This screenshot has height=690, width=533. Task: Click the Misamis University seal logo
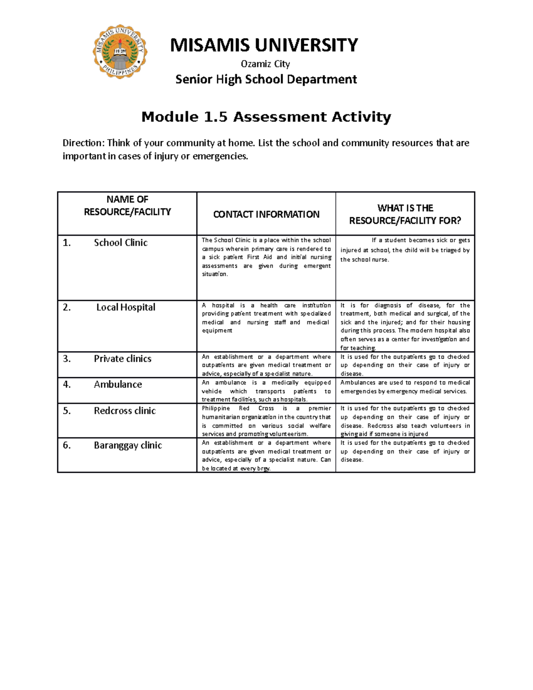(120, 52)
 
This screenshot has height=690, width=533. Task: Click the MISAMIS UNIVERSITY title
(264, 45)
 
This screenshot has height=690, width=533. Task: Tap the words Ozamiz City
(265, 64)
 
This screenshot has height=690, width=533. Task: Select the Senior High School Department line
(266, 80)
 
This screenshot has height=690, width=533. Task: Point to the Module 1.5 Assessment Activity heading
(266, 117)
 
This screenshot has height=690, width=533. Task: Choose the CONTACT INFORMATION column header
(266, 214)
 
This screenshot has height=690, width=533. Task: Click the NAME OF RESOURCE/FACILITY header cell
(127, 206)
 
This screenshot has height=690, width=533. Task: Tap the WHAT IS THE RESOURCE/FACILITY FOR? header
(405, 214)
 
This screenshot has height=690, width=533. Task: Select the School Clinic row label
(120, 243)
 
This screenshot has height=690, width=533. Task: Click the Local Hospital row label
(126, 307)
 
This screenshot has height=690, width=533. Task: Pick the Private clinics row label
(123, 359)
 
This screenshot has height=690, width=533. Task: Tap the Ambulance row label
(118, 385)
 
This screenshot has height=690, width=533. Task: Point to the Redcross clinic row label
(125, 411)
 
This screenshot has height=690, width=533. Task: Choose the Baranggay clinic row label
(127, 445)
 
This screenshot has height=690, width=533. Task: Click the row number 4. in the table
(67, 385)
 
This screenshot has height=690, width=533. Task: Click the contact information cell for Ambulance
(266, 391)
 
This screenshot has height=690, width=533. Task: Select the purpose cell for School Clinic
(405, 250)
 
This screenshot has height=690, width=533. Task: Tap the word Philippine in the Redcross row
(216, 408)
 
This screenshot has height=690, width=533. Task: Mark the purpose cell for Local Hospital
(405, 327)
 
